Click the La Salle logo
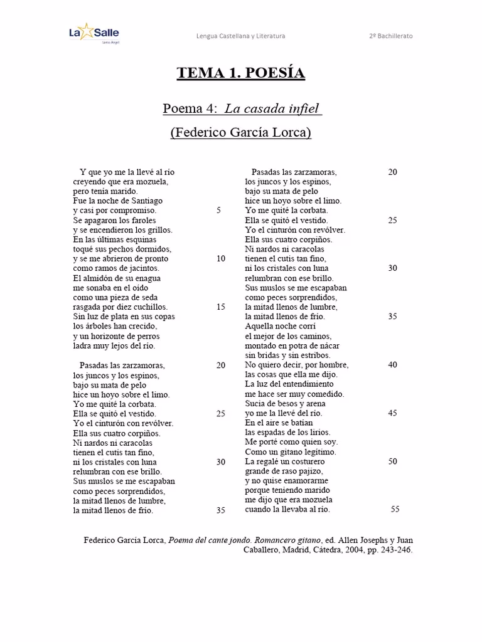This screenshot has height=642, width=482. coord(94,34)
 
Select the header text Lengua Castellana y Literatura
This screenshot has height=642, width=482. coord(240,36)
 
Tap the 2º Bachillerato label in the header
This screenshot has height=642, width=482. coord(390,36)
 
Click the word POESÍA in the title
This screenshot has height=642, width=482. coord(273,73)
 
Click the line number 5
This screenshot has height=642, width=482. coord(218,211)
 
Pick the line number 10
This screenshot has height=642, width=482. coord(220,258)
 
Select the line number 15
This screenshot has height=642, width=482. coord(220,307)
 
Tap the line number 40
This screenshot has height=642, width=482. coord(392,365)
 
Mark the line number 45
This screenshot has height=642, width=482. coord(392,413)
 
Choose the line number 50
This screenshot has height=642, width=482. coord(392,461)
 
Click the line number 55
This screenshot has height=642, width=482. coord(395,509)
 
